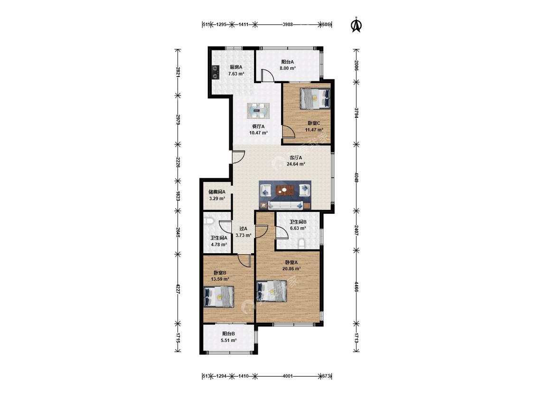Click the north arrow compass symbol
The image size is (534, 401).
(356, 25)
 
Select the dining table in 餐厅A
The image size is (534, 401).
(258, 110)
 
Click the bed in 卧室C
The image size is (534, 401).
(315, 99)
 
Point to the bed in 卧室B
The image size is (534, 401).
(219, 297)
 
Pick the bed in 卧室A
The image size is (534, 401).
(272, 291)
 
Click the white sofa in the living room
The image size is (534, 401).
(285, 205)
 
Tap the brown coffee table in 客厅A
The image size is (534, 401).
(285, 190)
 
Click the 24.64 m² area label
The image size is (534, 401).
(296, 163)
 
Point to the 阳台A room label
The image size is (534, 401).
(288, 62)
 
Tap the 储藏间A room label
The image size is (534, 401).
(217, 192)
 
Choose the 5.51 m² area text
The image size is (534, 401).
(229, 340)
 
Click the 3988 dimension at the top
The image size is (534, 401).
(288, 25)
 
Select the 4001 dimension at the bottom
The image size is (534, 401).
(288, 376)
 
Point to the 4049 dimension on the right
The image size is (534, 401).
(356, 177)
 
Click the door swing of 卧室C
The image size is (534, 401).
(289, 132)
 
